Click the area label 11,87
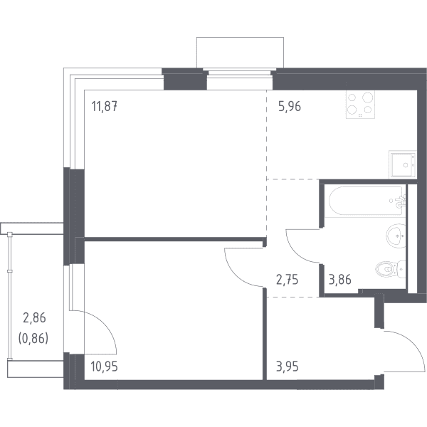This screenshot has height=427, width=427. (105, 106)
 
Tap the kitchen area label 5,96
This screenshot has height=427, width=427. (290, 106)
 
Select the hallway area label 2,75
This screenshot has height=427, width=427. (288, 280)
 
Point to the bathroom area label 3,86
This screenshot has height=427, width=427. (340, 280)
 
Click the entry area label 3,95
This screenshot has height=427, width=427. (288, 367)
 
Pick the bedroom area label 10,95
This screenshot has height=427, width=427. (105, 367)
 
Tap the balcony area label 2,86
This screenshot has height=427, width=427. (34, 318)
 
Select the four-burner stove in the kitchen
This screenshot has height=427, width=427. (360, 105)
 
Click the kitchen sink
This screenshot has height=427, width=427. (403, 164)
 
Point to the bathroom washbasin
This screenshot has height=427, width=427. (396, 236)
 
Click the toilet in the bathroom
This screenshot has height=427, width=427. (391, 269)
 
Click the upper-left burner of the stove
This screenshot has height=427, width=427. (352, 97)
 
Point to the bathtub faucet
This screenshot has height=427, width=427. (400, 201)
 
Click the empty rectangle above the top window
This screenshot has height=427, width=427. (241, 52)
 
